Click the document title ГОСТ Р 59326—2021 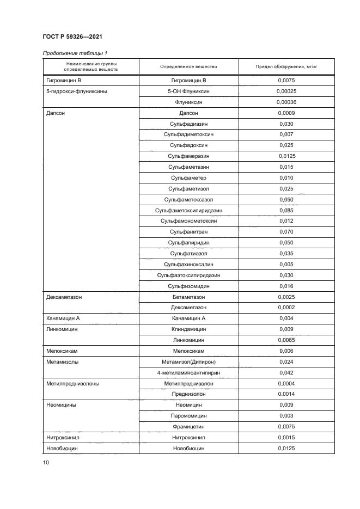[72, 36]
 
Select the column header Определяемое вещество [188, 67]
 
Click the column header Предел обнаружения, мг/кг [285, 67]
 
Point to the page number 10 [46, 463]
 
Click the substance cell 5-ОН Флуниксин [188, 91]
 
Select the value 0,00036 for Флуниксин [285, 102]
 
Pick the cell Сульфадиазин [188, 124]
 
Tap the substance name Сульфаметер [188, 178]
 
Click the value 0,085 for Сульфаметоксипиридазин [285, 210]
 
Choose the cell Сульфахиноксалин [188, 264]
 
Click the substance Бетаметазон [188, 297]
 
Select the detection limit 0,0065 [285, 340]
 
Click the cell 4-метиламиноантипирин [188, 372]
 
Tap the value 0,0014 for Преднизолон [285, 394]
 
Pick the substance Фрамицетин [188, 426]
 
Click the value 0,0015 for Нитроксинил [285, 437]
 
